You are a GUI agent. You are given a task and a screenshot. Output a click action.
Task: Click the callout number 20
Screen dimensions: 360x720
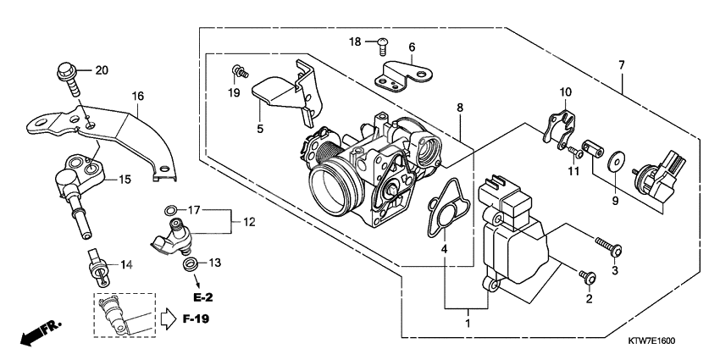tap(102, 70)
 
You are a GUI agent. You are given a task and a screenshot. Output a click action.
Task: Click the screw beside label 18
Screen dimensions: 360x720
tap(381, 40)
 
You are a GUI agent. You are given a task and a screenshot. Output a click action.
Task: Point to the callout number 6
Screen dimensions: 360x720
tap(412, 47)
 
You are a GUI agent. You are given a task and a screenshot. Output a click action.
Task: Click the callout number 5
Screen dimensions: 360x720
tap(260, 130)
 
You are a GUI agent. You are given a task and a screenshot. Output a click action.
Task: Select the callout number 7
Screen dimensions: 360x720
tap(623, 64)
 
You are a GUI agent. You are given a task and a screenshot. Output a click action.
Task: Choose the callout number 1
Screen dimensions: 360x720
tap(466, 323)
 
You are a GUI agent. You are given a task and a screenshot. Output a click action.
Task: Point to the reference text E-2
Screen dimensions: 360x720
tap(202, 297)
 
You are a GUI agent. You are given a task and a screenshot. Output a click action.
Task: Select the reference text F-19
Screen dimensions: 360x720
tap(195, 320)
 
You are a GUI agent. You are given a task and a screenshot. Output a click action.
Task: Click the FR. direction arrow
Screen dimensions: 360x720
tap(35, 333)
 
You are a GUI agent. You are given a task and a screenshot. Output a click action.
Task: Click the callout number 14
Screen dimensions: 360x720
tap(126, 265)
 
